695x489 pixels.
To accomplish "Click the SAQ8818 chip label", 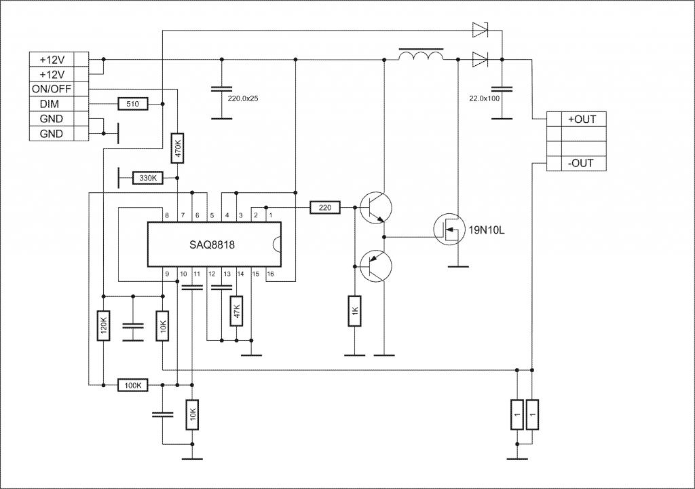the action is [x=212, y=244].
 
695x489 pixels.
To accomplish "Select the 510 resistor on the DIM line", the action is [x=132, y=104].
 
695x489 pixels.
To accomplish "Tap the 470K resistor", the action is [x=177, y=148].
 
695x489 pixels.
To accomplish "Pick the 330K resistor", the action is [x=148, y=178].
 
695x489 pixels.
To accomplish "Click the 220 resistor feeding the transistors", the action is [x=325, y=207].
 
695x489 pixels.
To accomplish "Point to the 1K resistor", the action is [x=354, y=310].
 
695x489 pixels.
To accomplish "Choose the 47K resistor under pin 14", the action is [x=237, y=310].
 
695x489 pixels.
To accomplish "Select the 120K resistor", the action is [x=103, y=325].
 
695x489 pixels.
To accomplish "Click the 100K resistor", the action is [x=132, y=385].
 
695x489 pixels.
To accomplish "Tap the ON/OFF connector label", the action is [x=52, y=89].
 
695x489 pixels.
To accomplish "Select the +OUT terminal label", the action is [x=582, y=120].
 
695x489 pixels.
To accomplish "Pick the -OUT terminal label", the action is [x=580, y=163].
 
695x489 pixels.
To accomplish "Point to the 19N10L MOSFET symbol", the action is [x=449, y=229].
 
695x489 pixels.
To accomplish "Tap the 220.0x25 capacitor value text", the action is [x=242, y=98].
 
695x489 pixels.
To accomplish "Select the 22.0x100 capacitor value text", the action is [x=484, y=98].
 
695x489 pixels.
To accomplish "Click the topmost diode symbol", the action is [x=480, y=30].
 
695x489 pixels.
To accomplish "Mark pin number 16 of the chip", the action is [x=270, y=274].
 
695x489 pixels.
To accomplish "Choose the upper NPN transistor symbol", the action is [x=375, y=207].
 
